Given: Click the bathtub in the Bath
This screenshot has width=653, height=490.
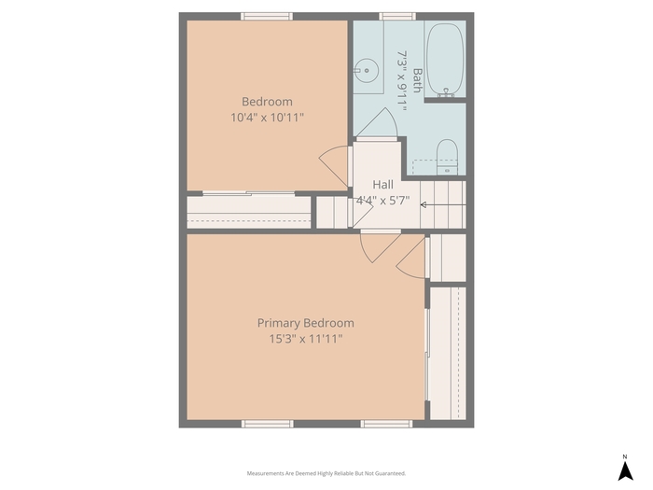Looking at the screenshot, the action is (445, 60).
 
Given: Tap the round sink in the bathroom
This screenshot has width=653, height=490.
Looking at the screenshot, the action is (367, 71).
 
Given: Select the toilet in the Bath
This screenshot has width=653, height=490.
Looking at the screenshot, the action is (447, 157).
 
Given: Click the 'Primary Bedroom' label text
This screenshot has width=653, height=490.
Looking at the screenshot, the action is (306, 323).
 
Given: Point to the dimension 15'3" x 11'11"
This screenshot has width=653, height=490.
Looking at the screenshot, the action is (306, 339).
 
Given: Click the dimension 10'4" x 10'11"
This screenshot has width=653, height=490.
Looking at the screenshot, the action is (268, 118).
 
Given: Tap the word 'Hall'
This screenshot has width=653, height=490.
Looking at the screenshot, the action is (382, 185).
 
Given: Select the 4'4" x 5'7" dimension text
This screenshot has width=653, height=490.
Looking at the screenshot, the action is (382, 201).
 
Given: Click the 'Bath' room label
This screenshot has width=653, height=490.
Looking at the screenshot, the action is (417, 80).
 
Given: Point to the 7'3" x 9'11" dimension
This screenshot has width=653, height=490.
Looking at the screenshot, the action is (401, 81).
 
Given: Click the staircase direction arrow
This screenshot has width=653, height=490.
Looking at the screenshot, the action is (443, 205).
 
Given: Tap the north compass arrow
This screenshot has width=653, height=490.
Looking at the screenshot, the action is (625, 471).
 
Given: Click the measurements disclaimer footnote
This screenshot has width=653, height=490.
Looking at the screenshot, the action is (326, 473).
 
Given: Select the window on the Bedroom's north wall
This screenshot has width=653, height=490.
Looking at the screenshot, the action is (267, 16).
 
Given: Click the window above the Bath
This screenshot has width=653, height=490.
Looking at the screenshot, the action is (397, 16).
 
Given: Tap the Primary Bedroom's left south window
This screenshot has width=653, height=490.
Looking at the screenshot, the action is (268, 424).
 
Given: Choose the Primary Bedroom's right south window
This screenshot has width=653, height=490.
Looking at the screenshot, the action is (386, 424).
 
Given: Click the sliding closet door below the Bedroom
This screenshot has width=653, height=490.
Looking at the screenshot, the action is (249, 193).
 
